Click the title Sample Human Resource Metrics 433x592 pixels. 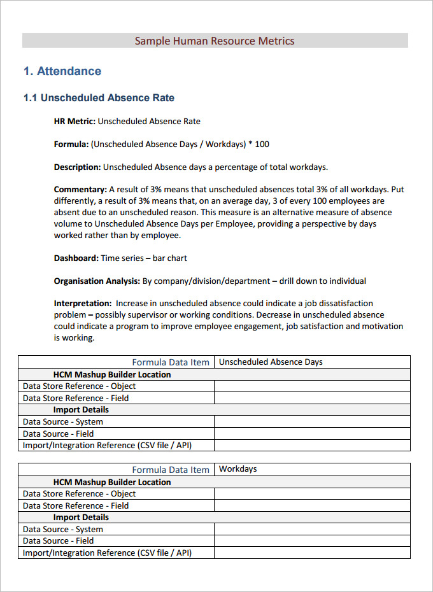click(215, 41)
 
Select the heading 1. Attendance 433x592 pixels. click(62, 71)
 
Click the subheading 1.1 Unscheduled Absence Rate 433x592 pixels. click(99, 98)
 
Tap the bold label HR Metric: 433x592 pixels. click(75, 121)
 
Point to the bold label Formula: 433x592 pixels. click(71, 144)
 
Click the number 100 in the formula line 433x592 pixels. click(262, 144)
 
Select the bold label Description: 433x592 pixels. click(77, 167)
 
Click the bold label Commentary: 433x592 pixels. click(80, 190)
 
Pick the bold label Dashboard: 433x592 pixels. click(76, 258)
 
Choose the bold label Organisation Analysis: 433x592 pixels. click(97, 281)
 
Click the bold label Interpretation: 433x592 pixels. click(82, 304)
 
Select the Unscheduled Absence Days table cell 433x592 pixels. click(271, 362)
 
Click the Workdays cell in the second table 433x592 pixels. click(238, 469)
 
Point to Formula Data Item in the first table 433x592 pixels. click(170, 362)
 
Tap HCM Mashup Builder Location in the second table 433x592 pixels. click(112, 482)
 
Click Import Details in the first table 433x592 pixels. click(81, 410)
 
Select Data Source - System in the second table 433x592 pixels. click(62, 529)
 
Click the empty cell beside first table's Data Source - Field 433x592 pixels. click(312, 433)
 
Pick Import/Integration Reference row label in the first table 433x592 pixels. click(107, 446)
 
